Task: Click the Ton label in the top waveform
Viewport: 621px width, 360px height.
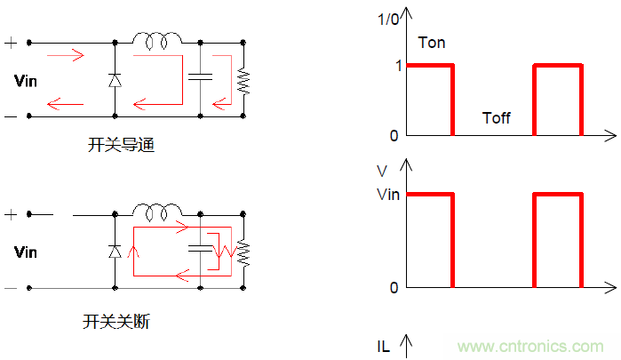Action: click(x=431, y=42)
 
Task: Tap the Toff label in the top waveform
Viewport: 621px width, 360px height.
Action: click(x=496, y=117)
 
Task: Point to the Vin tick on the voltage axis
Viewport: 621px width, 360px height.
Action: click(x=387, y=194)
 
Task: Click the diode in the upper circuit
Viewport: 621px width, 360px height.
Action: click(x=115, y=80)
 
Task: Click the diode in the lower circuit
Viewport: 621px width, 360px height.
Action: click(x=115, y=252)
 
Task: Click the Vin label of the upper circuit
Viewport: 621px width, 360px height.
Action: click(x=26, y=81)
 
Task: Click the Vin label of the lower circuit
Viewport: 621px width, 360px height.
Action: click(x=26, y=252)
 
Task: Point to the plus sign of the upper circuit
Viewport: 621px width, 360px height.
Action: click(x=11, y=42)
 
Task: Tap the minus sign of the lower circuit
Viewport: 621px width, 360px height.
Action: click(x=11, y=287)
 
